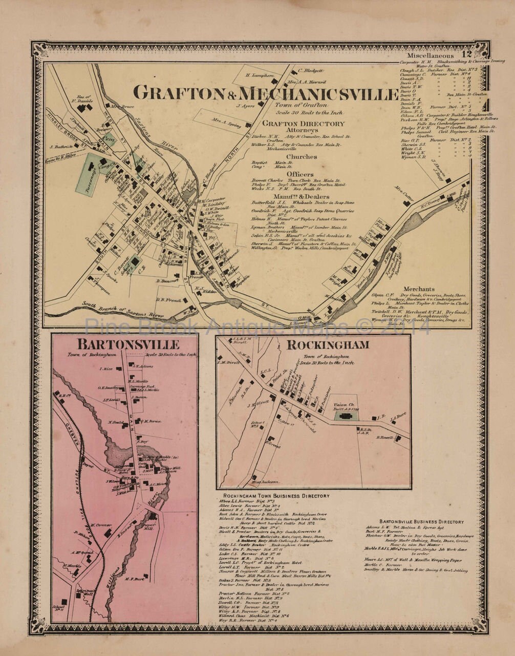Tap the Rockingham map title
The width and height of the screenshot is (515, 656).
(x=328, y=345)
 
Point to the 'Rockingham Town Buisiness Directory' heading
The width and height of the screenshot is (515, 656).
(x=273, y=496)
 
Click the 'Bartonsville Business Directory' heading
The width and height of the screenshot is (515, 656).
(x=422, y=522)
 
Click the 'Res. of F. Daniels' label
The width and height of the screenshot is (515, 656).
(x=83, y=98)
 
